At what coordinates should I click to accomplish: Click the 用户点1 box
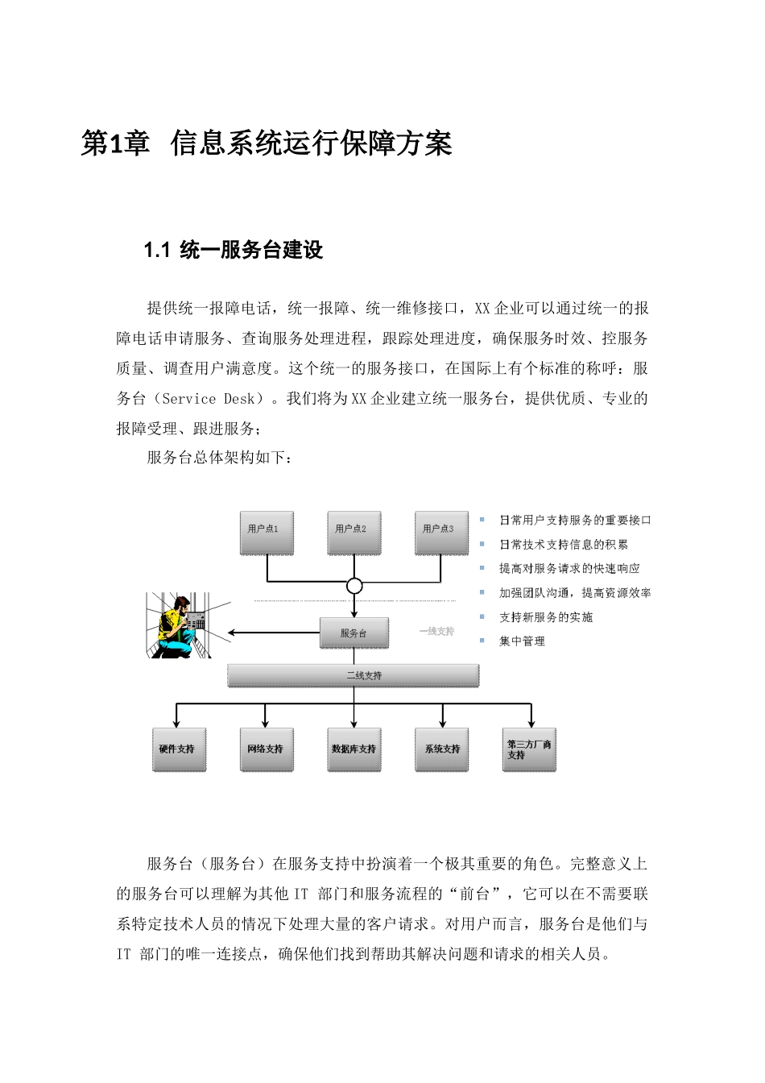click(266, 532)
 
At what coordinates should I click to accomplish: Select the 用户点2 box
click(354, 532)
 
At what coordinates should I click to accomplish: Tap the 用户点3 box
click(441, 532)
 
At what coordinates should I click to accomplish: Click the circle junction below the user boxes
click(354, 586)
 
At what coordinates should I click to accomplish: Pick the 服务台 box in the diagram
click(354, 633)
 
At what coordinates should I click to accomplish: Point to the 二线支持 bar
click(354, 675)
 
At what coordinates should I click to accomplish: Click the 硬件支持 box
click(179, 749)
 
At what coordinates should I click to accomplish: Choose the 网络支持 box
click(267, 749)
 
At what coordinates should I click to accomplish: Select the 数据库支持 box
click(354, 749)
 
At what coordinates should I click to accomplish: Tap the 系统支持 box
click(442, 749)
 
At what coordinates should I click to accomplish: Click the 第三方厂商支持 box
click(529, 749)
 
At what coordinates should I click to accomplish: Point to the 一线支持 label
click(436, 632)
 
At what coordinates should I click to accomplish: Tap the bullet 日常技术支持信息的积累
click(564, 545)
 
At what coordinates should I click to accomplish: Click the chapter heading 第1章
click(115, 144)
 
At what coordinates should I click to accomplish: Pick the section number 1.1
click(155, 251)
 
